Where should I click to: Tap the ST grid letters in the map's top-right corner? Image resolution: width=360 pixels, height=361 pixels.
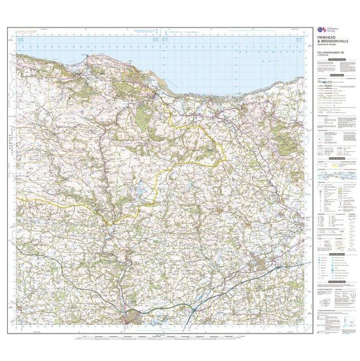[x=299, y=41]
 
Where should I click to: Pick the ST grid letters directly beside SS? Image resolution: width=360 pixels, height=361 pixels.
[x=164, y=41]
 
